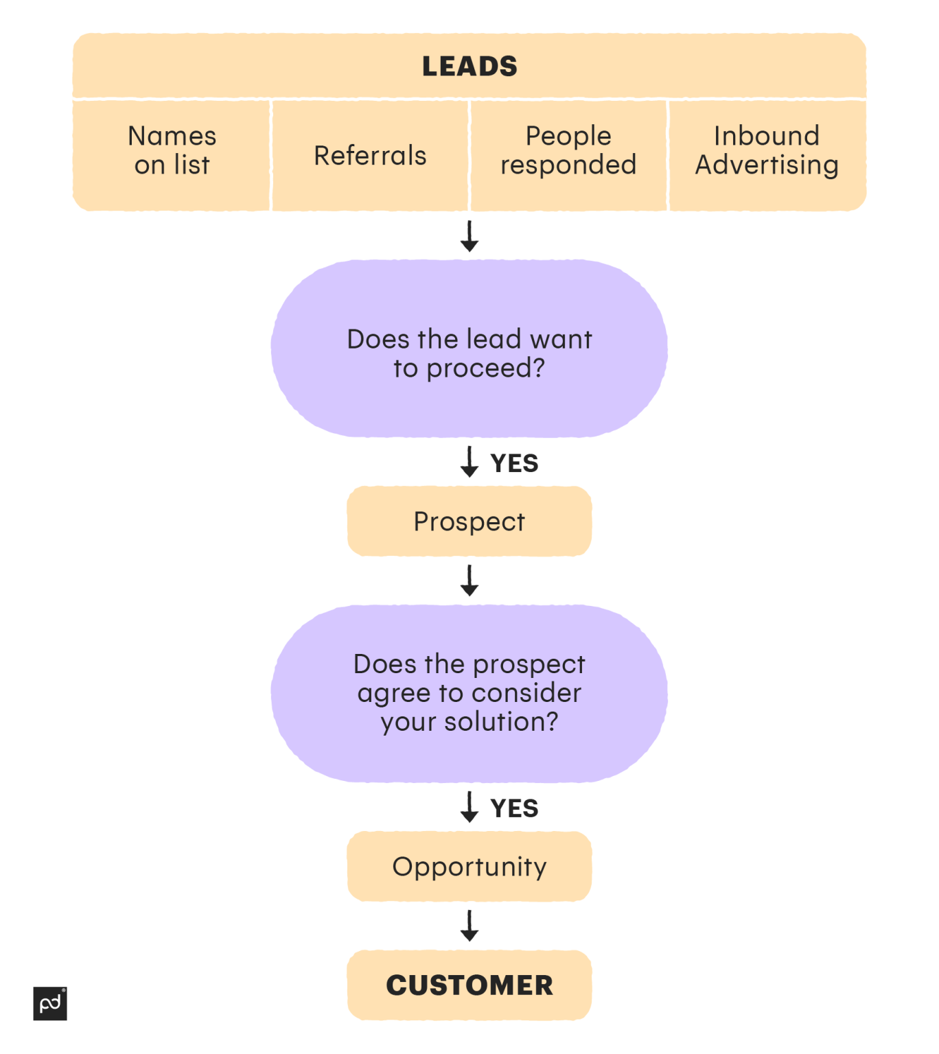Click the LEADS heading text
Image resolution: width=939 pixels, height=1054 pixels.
coord(469,67)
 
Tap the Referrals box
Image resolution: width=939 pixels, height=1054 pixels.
coord(370,156)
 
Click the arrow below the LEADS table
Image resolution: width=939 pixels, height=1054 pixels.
coord(469,236)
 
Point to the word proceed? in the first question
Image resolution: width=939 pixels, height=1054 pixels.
coord(485,368)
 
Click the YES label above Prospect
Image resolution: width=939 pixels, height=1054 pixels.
coord(514,463)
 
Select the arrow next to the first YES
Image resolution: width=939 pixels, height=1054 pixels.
coord(469,462)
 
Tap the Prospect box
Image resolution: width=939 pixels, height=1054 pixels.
coord(469,522)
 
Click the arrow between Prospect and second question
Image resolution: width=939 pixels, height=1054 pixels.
coord(469,581)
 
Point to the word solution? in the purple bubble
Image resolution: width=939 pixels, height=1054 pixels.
coord(501,722)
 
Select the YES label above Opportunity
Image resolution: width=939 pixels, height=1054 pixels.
coord(514,808)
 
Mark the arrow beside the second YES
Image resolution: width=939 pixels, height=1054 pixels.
coord(469,807)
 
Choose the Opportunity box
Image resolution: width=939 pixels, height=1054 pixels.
coord(469,867)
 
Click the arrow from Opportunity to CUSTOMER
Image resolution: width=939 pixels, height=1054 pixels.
coord(469,926)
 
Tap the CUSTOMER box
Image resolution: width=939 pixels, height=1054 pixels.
coord(469,985)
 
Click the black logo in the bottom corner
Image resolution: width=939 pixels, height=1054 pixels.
coord(50,1004)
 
